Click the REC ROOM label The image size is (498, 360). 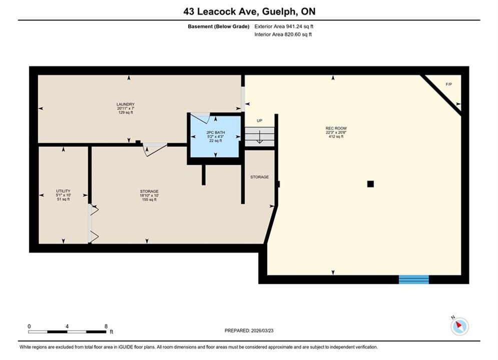coord(336,128)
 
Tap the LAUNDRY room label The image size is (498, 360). coord(126,104)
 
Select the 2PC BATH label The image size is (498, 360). coord(216,132)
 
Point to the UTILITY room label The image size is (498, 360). coord(63,191)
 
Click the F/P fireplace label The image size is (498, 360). coord(449,84)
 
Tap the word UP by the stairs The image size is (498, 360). coord(259,121)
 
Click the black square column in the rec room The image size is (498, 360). coord(370,184)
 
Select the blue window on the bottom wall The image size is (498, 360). coord(414,279)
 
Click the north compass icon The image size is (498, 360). coord(459,325)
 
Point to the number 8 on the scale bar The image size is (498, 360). coord(106,326)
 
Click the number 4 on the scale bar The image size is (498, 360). coord(67,326)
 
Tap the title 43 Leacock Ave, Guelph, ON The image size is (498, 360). coord(249,11)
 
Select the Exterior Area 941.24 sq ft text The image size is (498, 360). coord(284,26)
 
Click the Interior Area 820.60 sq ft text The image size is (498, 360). coord(283,34)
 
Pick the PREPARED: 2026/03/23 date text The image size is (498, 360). coord(249,330)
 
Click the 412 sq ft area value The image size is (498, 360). coord(336,136)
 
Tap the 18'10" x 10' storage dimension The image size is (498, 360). coord(149,195)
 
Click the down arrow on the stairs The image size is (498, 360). coord(259,137)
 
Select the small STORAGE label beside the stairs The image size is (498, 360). coord(259,177)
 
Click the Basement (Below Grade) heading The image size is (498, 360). coord(219,26)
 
